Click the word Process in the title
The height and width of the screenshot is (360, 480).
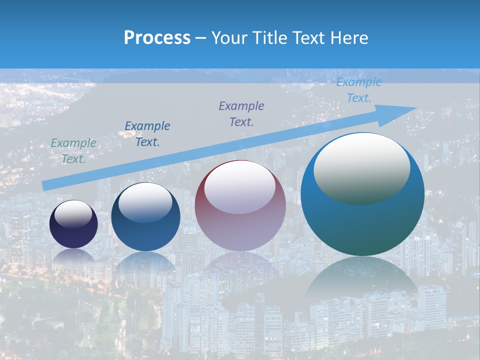(x=157, y=38)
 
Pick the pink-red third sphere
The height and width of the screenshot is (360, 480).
(x=240, y=227)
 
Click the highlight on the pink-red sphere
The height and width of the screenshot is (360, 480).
(x=240, y=187)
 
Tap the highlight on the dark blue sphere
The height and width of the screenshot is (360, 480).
(x=145, y=202)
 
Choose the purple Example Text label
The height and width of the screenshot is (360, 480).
(x=241, y=113)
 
